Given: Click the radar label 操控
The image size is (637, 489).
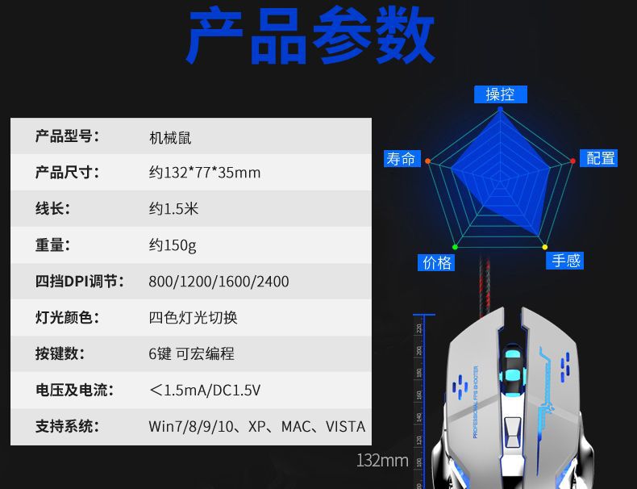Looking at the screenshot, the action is coord(500,94).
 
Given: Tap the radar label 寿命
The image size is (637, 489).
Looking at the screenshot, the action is coord(401,159).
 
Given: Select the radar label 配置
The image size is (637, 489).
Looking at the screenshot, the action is coord(600,158).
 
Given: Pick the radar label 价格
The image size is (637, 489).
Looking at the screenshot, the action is coord(437,262).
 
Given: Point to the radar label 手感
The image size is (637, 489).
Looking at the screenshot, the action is coord(565,261).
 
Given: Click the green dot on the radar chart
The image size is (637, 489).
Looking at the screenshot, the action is coord(455,246).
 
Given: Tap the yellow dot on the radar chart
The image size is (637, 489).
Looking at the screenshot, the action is coord(545,247).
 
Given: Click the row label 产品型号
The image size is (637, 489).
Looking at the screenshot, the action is coord(67,136).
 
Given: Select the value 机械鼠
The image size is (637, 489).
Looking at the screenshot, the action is coord(170,138).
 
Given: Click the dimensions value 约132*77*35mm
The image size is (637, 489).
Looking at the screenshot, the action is coord(205,173).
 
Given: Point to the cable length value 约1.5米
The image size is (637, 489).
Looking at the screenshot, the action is coord(173,209).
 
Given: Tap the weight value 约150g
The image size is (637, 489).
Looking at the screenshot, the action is coord(173,245).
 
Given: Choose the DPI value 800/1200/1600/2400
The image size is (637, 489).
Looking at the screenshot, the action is coord(219,282).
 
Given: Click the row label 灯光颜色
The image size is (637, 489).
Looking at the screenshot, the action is coord(67,317).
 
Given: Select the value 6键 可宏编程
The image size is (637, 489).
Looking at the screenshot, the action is coord(192,353).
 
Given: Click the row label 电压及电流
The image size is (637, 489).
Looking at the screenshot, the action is coord(73,390).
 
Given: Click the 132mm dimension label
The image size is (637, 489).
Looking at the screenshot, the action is coord(382,461).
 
